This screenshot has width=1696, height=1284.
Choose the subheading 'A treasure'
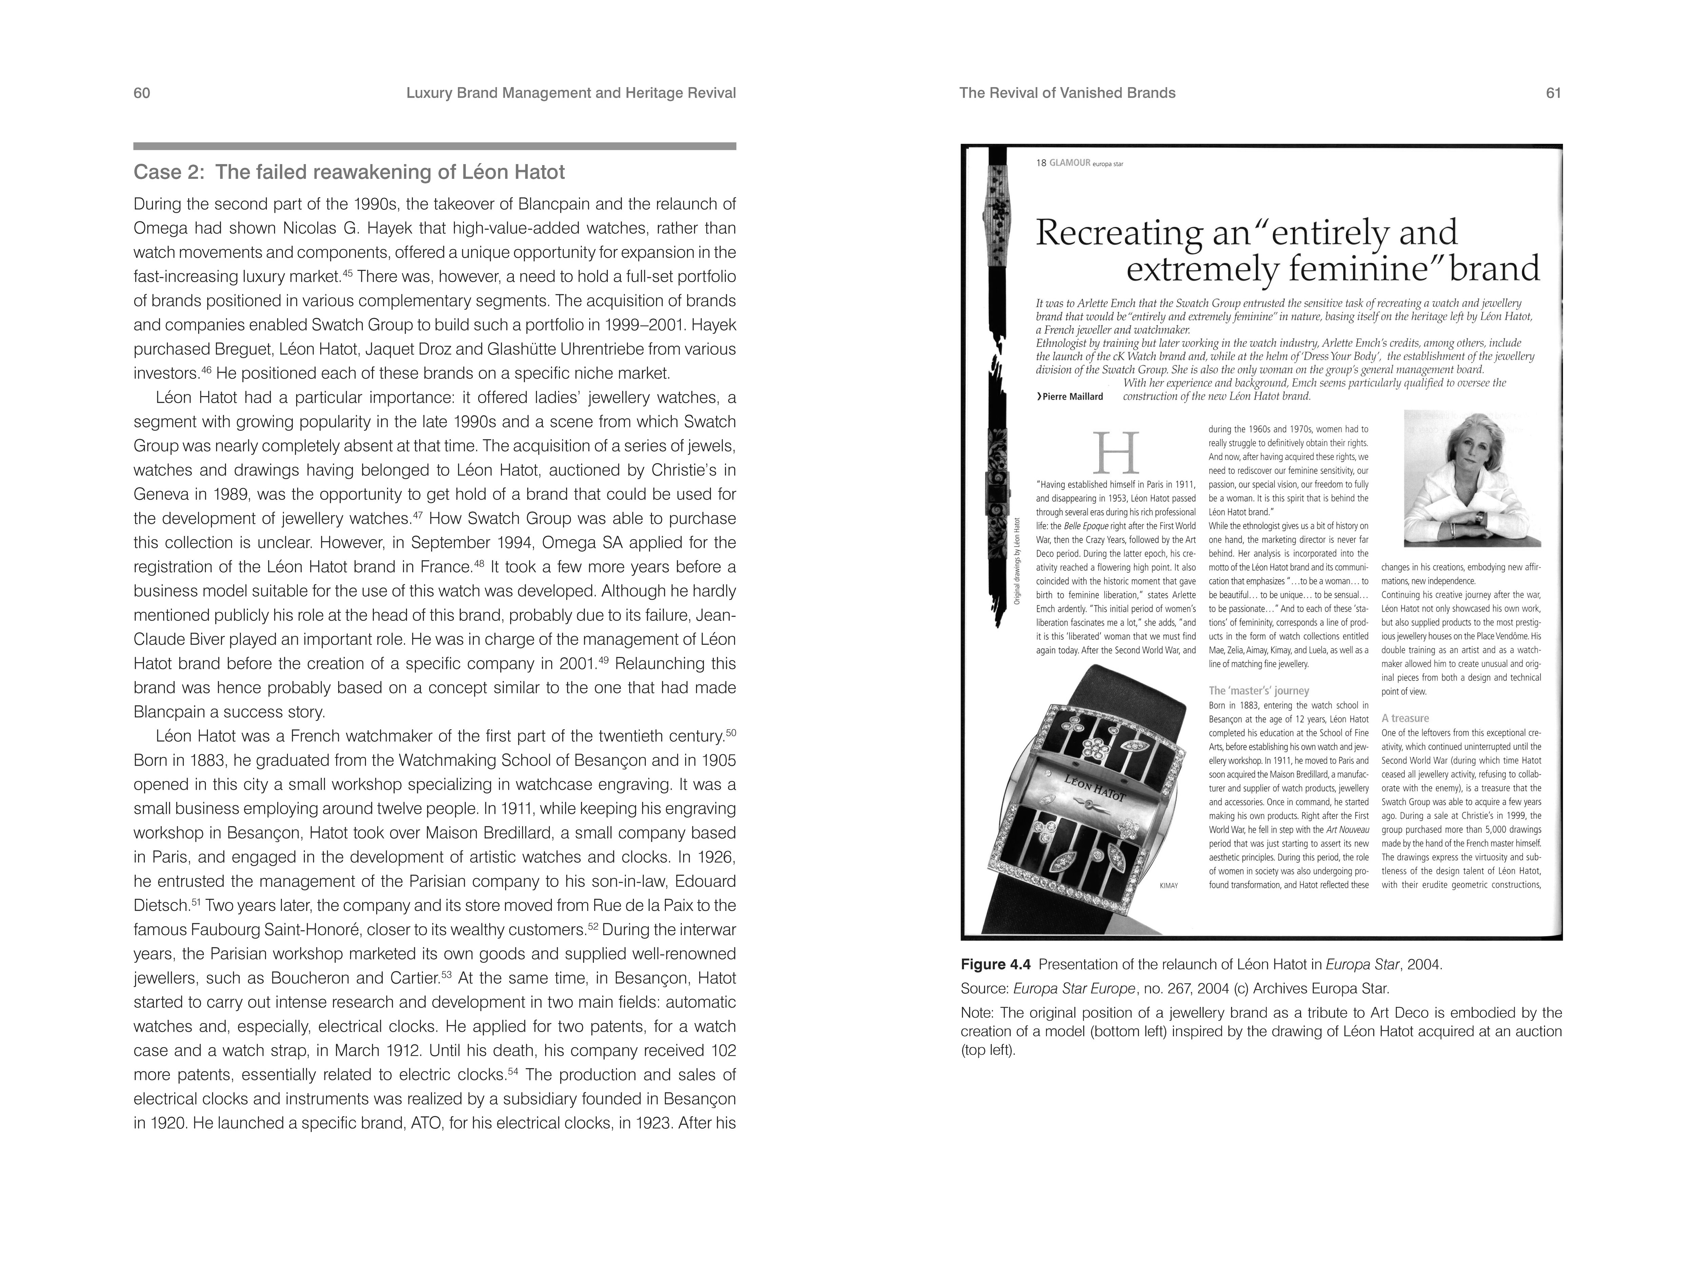point(1405,718)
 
